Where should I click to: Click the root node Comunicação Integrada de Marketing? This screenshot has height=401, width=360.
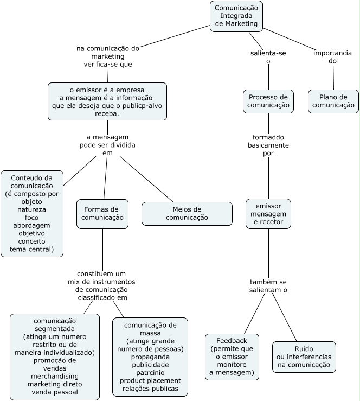(x=236, y=16)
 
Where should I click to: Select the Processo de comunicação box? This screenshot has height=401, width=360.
(x=268, y=101)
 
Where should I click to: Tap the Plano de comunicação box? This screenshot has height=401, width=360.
(x=333, y=101)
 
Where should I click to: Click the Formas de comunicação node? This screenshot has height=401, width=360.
(x=102, y=214)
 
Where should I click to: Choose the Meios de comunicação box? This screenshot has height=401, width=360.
(x=187, y=214)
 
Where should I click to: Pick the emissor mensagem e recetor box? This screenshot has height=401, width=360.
(x=268, y=214)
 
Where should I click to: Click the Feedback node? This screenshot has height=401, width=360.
(x=232, y=357)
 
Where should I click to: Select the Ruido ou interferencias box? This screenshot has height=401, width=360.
(x=304, y=357)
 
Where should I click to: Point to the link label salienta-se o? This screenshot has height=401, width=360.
(x=268, y=57)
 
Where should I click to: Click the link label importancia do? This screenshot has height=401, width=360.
(x=333, y=57)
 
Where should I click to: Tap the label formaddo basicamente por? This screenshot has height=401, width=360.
(x=268, y=145)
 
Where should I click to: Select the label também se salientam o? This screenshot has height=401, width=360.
(x=268, y=286)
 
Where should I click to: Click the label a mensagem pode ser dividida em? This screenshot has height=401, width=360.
(x=107, y=145)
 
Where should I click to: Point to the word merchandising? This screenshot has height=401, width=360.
(x=55, y=376)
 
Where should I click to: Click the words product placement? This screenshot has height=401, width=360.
(x=150, y=380)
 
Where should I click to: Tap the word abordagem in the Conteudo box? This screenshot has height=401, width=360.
(x=31, y=226)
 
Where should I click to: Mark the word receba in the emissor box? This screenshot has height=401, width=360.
(x=107, y=114)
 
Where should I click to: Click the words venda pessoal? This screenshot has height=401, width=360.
(x=55, y=392)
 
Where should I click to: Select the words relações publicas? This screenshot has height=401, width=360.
(x=150, y=389)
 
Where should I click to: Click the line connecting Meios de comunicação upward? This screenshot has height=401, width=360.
(x=146, y=179)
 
